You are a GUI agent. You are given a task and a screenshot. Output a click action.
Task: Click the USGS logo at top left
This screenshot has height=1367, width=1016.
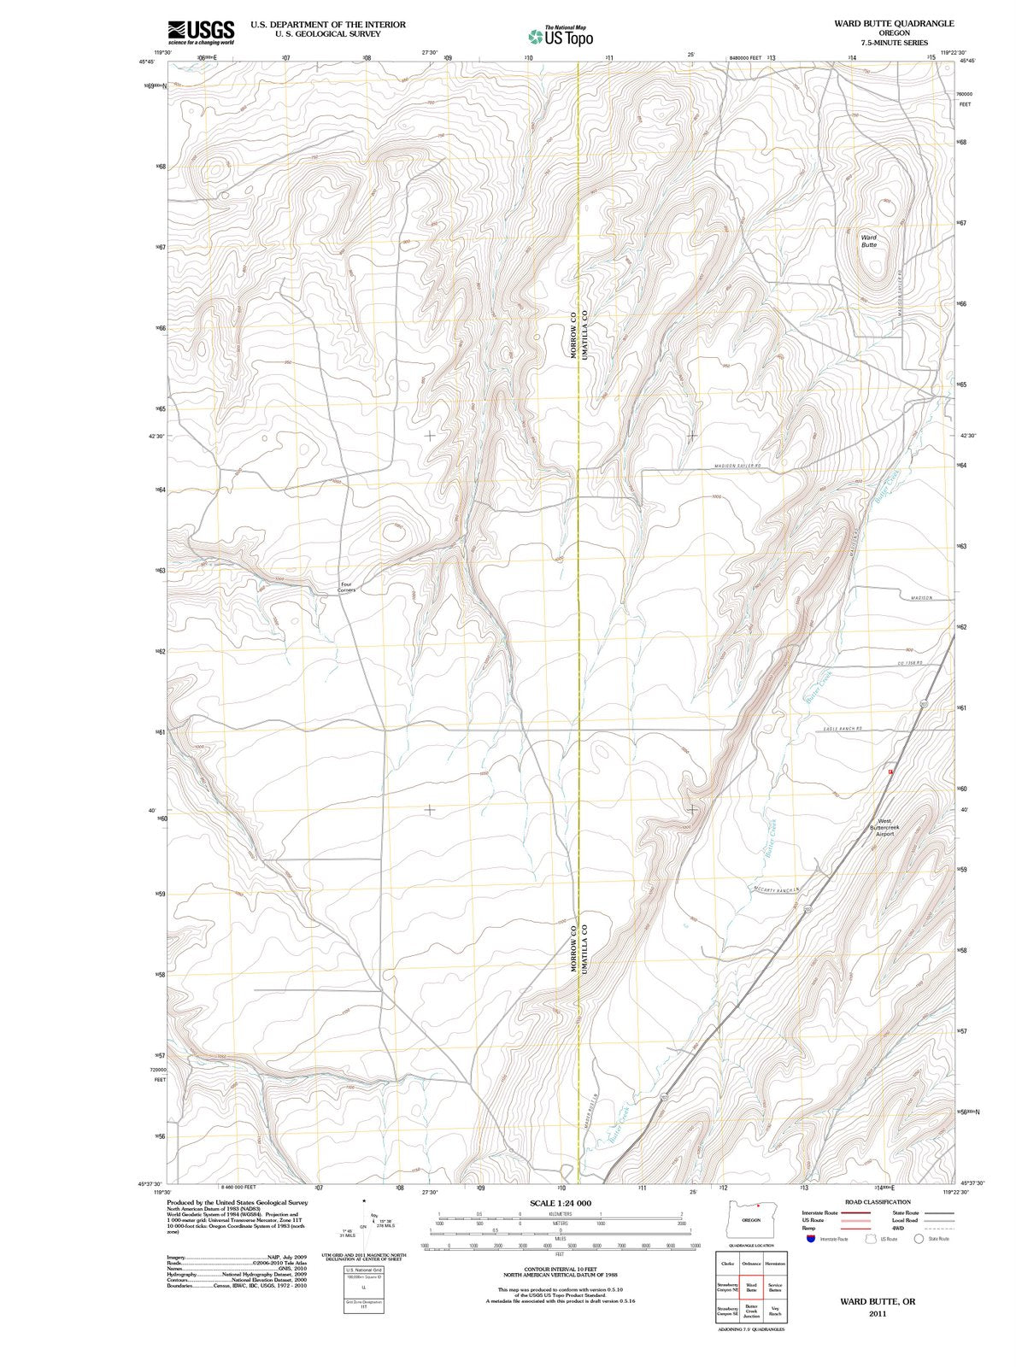pos(201,32)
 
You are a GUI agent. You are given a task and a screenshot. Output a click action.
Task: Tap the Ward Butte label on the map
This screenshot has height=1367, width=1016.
pos(868,241)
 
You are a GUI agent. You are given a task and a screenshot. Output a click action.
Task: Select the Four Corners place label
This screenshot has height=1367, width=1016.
pos(346,587)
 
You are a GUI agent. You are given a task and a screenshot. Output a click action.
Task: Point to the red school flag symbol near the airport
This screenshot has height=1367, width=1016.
pos(890,772)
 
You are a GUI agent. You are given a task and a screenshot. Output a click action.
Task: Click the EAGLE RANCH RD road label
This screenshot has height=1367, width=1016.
pos(843,728)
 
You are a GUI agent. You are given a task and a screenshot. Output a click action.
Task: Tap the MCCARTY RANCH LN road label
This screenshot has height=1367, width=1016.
pos(776,889)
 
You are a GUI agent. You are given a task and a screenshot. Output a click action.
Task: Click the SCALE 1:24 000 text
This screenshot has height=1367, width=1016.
pos(560,1202)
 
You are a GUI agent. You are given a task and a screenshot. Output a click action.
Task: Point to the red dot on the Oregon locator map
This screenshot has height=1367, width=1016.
pos(757,1206)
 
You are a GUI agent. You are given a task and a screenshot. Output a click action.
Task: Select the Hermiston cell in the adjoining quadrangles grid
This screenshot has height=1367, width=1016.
pos(775,1263)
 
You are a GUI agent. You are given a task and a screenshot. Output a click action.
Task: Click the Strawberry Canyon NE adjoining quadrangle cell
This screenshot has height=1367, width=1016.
pos(727,1286)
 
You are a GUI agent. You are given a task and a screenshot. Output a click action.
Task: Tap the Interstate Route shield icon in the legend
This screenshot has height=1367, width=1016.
pos(809,1238)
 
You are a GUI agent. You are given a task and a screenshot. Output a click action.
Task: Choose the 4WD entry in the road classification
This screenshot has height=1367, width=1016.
pos(899,1228)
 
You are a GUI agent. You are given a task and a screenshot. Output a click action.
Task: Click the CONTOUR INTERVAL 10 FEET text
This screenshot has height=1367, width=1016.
pos(559,1270)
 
